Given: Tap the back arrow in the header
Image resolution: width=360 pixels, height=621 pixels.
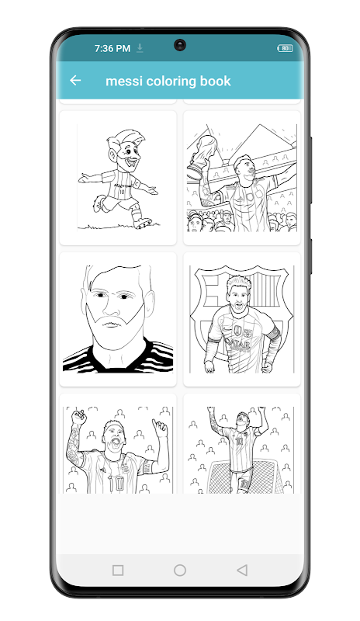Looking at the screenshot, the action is tap(75, 81).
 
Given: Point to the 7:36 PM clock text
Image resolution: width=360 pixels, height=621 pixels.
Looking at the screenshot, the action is tap(112, 48).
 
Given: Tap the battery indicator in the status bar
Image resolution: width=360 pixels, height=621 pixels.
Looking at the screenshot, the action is tap(285, 48).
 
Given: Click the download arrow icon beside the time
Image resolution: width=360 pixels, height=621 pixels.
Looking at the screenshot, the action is tap(140, 48).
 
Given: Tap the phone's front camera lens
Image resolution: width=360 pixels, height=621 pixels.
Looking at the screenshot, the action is tap(180, 45).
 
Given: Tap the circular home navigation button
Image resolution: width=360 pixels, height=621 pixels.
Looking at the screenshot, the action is tap(180, 570).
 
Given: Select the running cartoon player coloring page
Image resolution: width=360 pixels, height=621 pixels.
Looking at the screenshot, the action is tap(118, 178).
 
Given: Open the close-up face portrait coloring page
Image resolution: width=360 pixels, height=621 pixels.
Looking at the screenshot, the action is tap(118, 319).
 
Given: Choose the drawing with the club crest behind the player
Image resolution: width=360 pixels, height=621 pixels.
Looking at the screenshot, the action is tap(241, 319).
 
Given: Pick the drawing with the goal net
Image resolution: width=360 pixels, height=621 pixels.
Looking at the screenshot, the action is tap(241, 443).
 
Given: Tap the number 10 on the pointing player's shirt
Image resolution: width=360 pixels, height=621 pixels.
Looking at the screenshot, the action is tap(116, 483).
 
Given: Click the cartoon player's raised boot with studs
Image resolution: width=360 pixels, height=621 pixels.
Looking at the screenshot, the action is tap(142, 223).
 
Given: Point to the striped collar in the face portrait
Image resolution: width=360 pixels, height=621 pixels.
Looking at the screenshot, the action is tap(118, 356).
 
